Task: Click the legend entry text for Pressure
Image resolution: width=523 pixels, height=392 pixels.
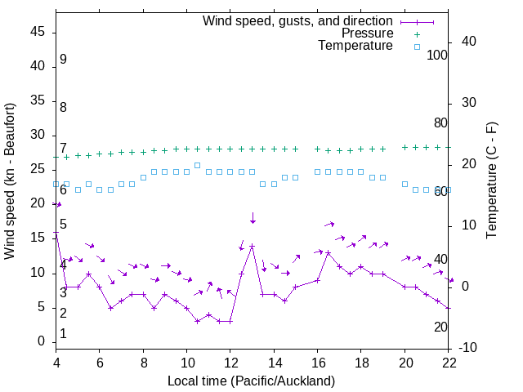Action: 367,33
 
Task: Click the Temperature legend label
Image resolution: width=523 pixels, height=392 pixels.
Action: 355,46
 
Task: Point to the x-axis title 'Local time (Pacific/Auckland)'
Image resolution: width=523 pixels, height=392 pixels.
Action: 252,381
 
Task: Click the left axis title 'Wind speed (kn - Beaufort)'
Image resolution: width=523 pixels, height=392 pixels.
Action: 10,181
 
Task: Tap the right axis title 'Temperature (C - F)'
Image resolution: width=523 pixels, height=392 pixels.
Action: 491,181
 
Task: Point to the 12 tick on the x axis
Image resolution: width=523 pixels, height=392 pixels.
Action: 230,363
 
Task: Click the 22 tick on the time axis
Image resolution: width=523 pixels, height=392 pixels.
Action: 449,363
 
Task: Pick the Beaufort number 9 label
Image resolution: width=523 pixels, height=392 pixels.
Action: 63,60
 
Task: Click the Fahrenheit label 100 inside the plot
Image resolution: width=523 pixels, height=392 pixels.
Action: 437,56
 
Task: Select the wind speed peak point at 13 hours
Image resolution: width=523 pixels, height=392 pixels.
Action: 253,246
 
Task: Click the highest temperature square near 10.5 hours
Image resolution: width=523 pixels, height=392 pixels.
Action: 198,165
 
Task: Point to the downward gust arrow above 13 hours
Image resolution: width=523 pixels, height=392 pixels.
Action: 253,218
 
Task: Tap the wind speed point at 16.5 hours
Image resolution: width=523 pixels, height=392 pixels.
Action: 329,252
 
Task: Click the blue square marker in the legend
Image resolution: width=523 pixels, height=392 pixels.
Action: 416,47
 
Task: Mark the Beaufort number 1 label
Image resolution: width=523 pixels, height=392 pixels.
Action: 63,334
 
